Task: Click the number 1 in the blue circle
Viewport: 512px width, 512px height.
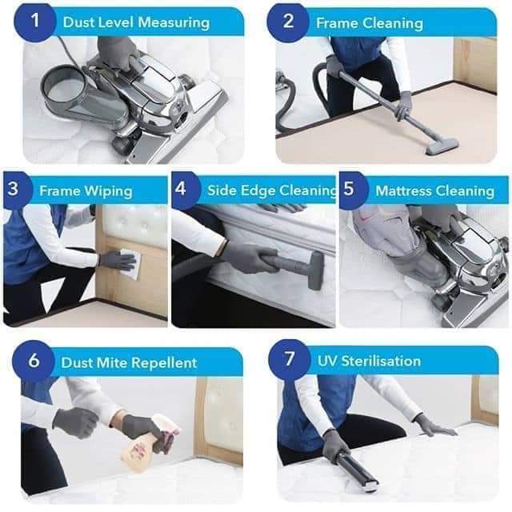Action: pos(35,22)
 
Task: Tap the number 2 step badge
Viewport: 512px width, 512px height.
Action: pos(288,22)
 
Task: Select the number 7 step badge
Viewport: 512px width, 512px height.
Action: pos(290,359)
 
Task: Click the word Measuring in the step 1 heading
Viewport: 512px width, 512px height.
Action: pos(174,23)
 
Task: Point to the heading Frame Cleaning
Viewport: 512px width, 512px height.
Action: pos(370,23)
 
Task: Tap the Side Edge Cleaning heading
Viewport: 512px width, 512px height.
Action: pos(272,190)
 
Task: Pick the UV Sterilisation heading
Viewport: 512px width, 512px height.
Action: pos(369,361)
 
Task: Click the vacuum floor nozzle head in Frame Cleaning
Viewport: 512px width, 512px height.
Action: pos(442,146)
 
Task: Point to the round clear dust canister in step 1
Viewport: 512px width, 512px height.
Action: pos(63,87)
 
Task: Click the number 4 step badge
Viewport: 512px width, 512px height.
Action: pos(182,189)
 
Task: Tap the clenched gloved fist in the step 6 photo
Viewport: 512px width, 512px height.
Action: pos(75,423)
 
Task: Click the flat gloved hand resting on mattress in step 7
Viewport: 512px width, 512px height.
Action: pos(436,426)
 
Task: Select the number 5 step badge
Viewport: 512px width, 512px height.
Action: pos(350,189)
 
